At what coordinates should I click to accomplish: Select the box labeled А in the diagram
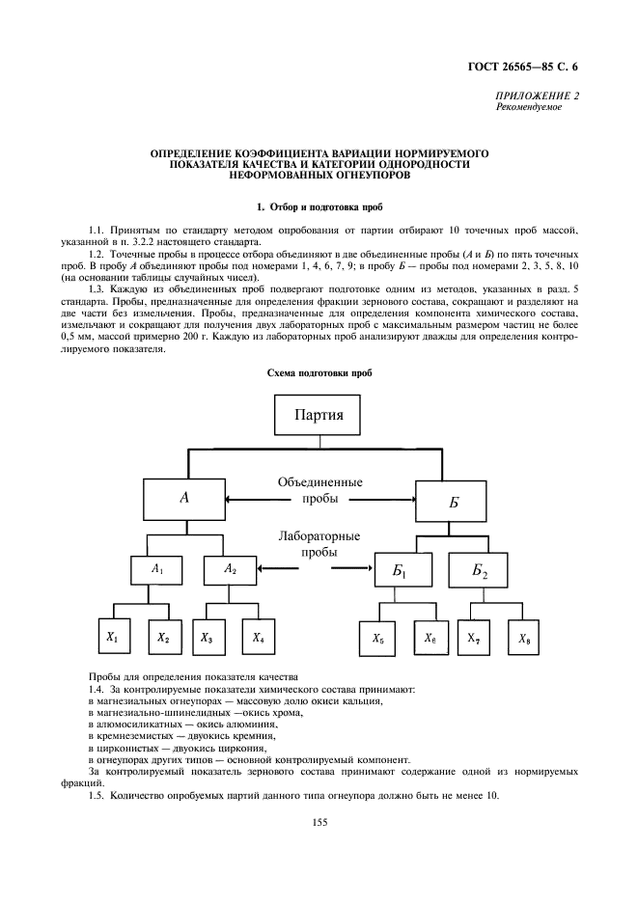pyautogui.click(x=182, y=499)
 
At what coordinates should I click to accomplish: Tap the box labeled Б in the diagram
pyautogui.click(x=455, y=502)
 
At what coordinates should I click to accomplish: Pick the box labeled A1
pyautogui.click(x=156, y=570)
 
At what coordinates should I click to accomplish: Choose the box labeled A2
pyautogui.click(x=230, y=570)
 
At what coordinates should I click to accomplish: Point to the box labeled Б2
pyautogui.click(x=480, y=573)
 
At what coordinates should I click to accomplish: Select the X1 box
pyautogui.click(x=112, y=638)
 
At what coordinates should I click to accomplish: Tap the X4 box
pyautogui.click(x=259, y=638)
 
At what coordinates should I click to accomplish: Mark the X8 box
pyautogui.click(x=523, y=639)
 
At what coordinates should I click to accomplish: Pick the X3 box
pyautogui.click(x=207, y=638)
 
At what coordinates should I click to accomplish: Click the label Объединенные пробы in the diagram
pyautogui.click(x=319, y=490)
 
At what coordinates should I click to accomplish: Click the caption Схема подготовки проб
pyautogui.click(x=319, y=372)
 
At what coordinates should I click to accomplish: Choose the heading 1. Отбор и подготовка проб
pyautogui.click(x=319, y=207)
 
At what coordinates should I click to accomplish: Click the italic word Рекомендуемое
pyautogui.click(x=527, y=107)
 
